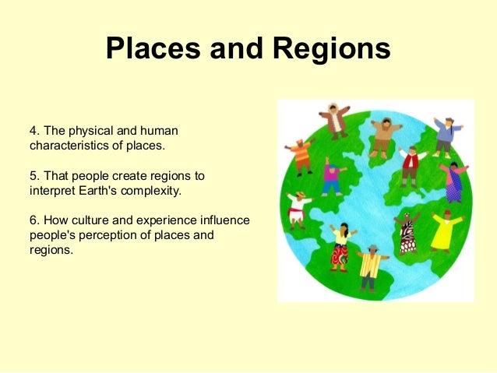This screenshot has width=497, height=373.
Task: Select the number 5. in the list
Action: [x=35, y=177]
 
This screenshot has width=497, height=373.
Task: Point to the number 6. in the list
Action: [x=35, y=220]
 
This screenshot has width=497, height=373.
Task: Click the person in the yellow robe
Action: [x=442, y=229]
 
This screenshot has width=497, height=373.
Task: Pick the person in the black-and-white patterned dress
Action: [x=407, y=234]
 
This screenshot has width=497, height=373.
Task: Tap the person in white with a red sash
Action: [x=297, y=208]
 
